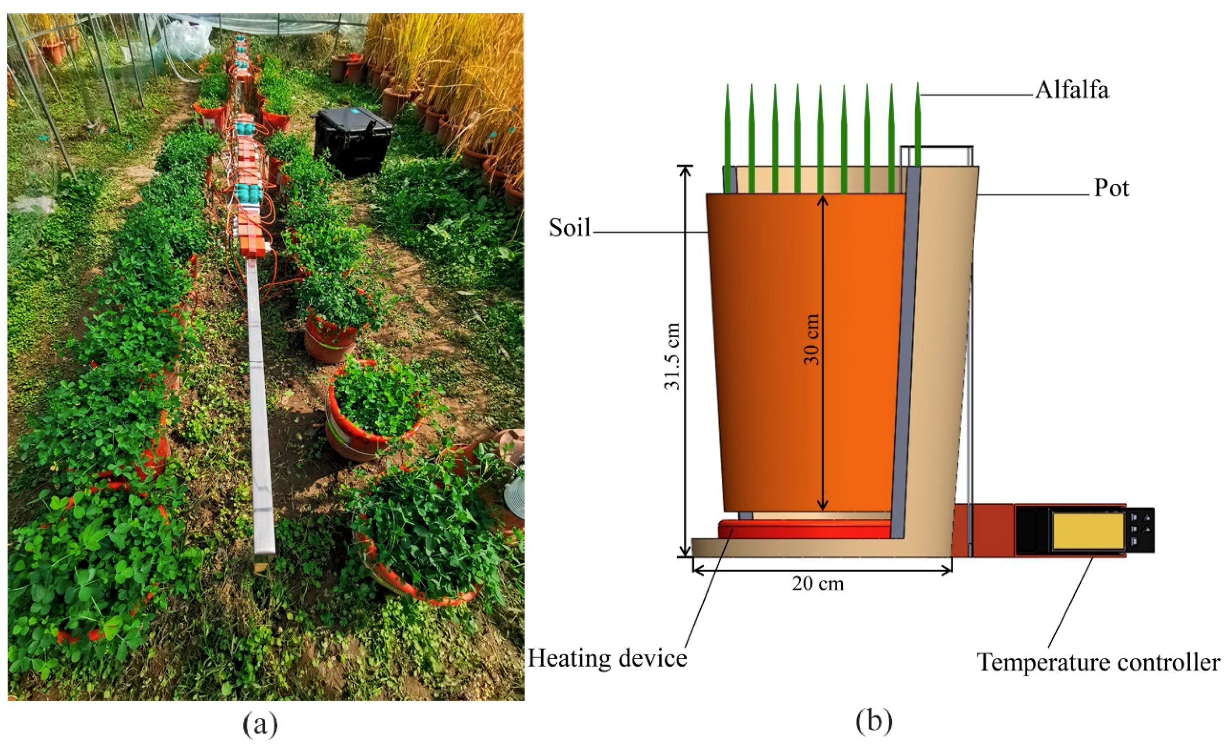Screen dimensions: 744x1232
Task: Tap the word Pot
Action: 1112,189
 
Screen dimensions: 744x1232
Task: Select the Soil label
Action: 569,228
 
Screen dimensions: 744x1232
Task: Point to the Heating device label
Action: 606,658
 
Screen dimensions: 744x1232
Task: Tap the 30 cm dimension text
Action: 811,339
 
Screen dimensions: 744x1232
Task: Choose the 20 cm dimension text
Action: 818,584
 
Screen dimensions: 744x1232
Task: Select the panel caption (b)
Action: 874,722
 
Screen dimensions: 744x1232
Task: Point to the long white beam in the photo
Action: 260,401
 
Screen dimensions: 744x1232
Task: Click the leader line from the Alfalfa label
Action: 976,95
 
